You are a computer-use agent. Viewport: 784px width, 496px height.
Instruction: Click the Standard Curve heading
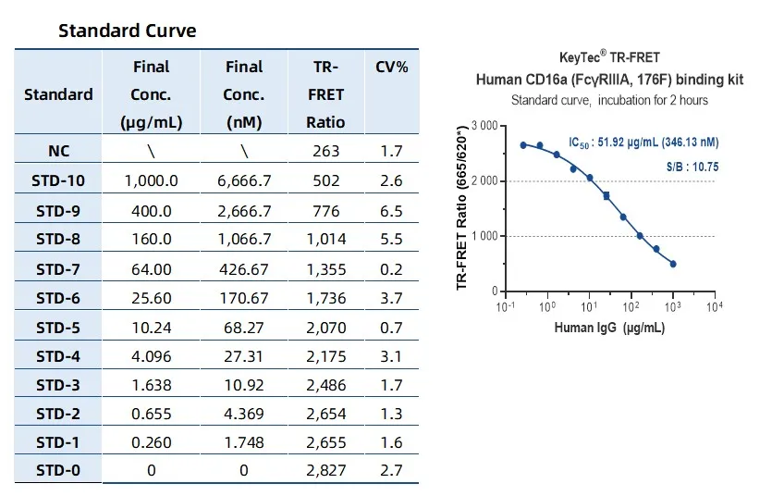pyautogui.click(x=127, y=31)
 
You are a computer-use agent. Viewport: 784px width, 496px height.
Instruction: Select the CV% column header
pyautogui.click(x=391, y=67)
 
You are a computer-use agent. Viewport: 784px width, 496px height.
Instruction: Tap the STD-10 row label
pyautogui.click(x=58, y=180)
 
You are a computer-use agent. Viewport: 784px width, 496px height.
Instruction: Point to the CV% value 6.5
pyautogui.click(x=391, y=211)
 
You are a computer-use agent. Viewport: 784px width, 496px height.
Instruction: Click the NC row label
pyautogui.click(x=58, y=151)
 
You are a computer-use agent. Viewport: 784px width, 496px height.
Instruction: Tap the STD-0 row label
pyautogui.click(x=58, y=471)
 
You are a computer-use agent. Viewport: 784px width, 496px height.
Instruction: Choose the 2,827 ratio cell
pyautogui.click(x=326, y=471)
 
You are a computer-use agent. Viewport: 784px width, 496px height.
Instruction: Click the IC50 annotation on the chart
pyautogui.click(x=643, y=143)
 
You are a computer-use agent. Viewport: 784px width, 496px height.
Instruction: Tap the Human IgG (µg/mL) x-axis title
pyautogui.click(x=609, y=329)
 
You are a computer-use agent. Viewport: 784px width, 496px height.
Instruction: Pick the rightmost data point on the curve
pyautogui.click(x=673, y=264)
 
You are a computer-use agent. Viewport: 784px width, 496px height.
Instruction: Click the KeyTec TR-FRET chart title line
pyautogui.click(x=609, y=58)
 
